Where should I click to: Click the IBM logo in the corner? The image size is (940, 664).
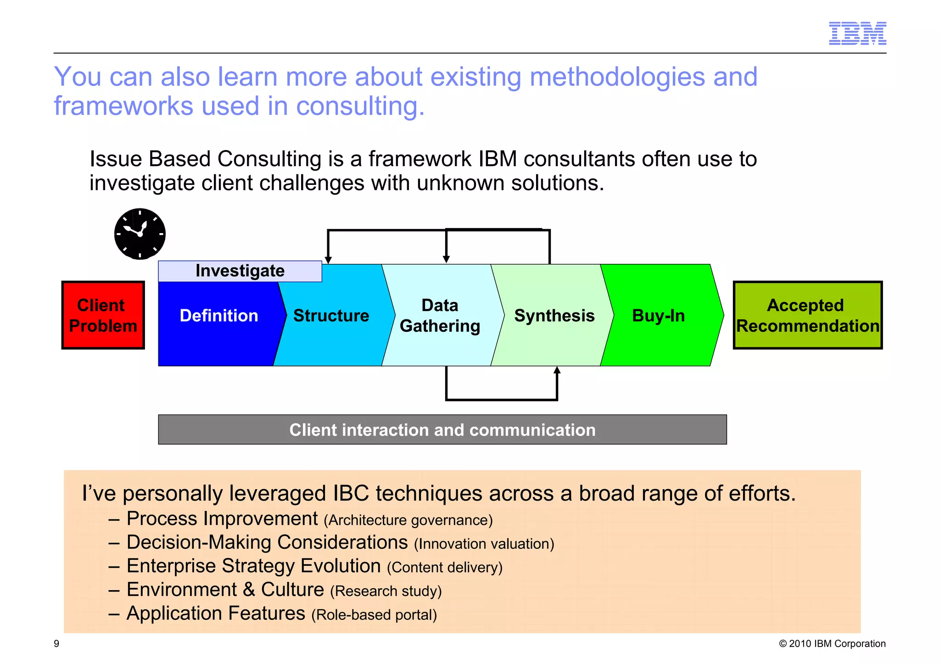[857, 33]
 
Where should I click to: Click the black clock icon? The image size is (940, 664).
[140, 234]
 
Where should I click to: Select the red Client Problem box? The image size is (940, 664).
[103, 315]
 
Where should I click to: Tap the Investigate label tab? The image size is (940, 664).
[240, 271]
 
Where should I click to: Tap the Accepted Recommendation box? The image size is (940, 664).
[807, 315]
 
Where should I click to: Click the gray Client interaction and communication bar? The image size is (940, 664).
[442, 430]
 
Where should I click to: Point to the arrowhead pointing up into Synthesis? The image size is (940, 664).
[557, 370]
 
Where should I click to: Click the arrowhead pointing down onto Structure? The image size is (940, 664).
[328, 260]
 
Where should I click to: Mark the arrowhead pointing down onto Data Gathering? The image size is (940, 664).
[446, 259]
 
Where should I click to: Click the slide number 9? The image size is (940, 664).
[56, 643]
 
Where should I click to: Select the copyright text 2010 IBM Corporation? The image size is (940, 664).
[832, 643]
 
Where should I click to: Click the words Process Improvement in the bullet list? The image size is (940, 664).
[222, 519]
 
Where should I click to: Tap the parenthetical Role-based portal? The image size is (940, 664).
[374, 614]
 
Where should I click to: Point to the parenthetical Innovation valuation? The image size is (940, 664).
[484, 544]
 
